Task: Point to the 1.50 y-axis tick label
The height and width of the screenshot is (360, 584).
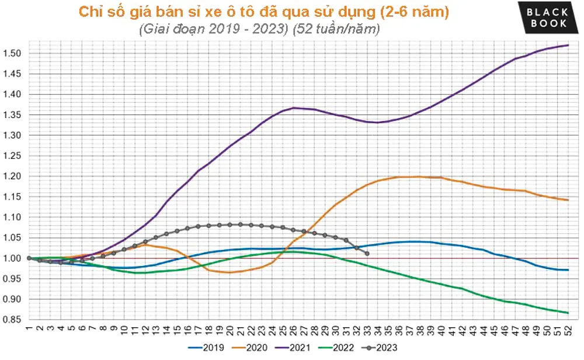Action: coord(13,53)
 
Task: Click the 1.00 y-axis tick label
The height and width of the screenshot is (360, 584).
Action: coord(13,258)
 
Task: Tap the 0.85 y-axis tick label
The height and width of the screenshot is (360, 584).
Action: coord(13,320)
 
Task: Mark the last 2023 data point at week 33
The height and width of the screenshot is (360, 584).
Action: coord(367,253)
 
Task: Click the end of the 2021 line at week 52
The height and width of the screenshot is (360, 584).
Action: coord(568,45)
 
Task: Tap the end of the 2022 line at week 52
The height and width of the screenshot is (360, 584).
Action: coord(568,313)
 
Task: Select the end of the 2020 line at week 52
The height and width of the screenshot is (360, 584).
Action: coord(568,200)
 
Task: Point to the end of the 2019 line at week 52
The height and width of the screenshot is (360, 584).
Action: coord(568,270)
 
